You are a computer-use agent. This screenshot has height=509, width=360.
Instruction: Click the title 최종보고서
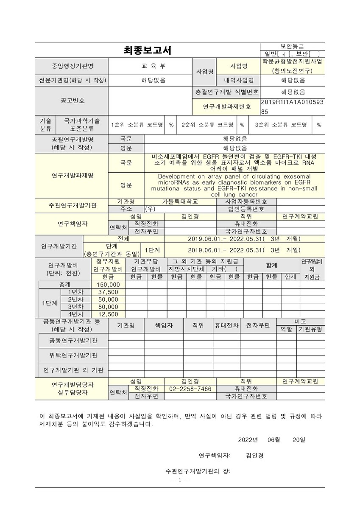[x=147, y=50]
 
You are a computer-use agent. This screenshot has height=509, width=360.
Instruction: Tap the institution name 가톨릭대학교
[x=180, y=201]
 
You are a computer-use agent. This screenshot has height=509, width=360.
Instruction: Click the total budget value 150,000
[x=108, y=284]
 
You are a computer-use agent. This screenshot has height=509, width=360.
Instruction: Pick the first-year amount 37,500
[x=108, y=292]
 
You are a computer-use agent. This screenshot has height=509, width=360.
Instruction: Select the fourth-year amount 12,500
[x=108, y=314]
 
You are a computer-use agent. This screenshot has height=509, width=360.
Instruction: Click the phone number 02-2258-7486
[x=190, y=389]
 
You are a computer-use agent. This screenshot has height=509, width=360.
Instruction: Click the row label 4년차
[x=75, y=314]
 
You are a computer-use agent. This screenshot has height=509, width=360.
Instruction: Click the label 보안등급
[x=292, y=46]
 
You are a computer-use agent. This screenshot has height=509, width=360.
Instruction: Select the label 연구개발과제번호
[x=227, y=106]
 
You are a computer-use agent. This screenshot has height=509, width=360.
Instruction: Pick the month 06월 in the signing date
[x=273, y=439]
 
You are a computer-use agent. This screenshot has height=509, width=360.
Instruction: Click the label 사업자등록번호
[x=246, y=201]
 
